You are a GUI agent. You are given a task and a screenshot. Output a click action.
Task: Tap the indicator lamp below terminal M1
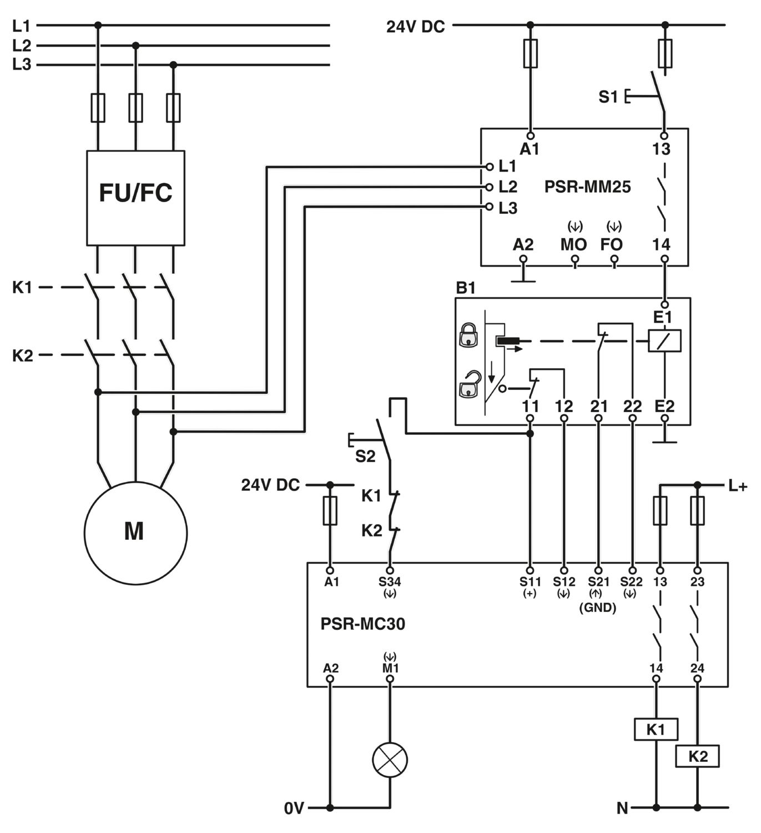[x=390, y=760]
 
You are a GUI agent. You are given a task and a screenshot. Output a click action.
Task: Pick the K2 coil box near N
[x=697, y=756]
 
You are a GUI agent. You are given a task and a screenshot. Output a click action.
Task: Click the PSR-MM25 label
[x=587, y=187]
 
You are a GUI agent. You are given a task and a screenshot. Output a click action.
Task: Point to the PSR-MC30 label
[x=362, y=624]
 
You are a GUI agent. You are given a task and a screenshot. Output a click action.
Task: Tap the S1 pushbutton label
[x=608, y=97]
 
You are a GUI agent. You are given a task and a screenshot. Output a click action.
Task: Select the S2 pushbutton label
[x=365, y=456]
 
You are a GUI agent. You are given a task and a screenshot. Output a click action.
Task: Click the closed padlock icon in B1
[x=468, y=335]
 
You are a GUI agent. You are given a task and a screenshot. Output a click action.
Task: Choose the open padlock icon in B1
[x=470, y=384]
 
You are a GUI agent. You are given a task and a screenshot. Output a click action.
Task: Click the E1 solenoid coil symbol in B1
[x=664, y=341]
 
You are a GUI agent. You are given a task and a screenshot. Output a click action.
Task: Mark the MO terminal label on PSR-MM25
[x=573, y=244]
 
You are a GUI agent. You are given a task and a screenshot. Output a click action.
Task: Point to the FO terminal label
[x=611, y=244]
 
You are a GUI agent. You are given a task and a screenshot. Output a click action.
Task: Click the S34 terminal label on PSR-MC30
[x=389, y=581]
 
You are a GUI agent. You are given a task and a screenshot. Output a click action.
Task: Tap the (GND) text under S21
[x=597, y=608]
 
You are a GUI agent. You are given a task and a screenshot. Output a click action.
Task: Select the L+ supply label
[x=737, y=485]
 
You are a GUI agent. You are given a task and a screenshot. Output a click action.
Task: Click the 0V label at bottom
[x=294, y=808]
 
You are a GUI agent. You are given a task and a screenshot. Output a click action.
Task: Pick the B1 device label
[x=465, y=287]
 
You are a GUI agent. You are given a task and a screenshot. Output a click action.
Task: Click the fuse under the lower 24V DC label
[x=330, y=510]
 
